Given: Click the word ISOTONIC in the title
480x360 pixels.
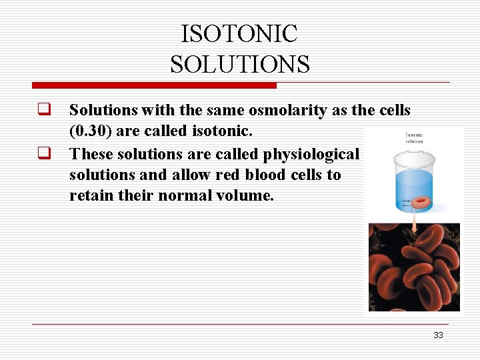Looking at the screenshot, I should point(239,33).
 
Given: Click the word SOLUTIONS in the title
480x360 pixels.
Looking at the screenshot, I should point(239,65).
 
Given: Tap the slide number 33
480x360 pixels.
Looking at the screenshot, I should point(438,335).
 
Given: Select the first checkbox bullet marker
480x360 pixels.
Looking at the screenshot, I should point(45,109).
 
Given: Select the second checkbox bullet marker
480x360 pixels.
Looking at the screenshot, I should point(45,153).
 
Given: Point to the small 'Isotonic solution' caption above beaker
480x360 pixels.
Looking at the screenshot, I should point(414,138).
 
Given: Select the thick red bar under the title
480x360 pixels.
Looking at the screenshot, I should point(154,85).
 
